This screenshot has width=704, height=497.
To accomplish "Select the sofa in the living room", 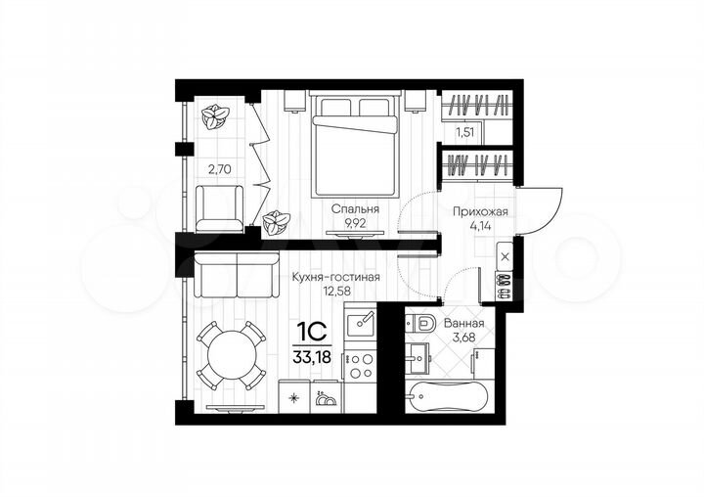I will click(x=235, y=275).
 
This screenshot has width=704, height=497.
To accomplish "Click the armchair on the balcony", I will click(x=219, y=208).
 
